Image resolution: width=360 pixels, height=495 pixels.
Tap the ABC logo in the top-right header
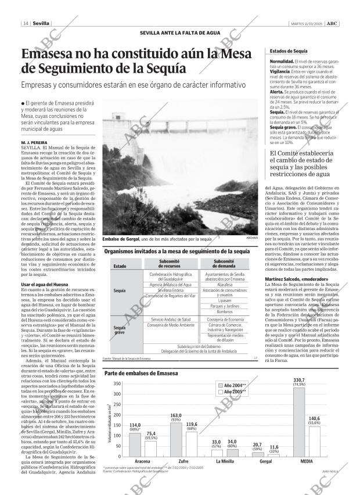coord(332,24)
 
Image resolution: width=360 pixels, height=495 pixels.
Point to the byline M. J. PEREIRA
coord(33,142)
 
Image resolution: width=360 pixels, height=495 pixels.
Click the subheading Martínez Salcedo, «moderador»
coord(293,279)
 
